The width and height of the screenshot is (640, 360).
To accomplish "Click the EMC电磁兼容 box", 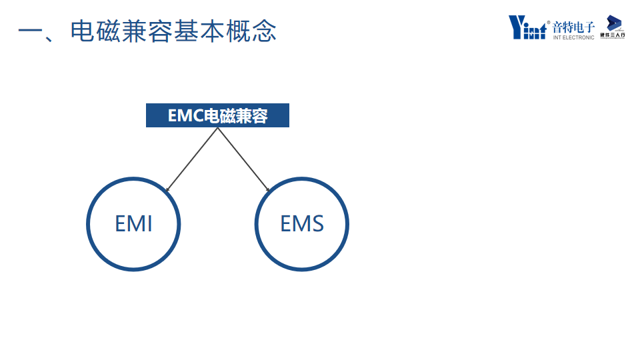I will [217, 115].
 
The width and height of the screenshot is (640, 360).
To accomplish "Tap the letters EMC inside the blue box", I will [185, 116].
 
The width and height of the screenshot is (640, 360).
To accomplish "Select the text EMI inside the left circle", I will [133, 223].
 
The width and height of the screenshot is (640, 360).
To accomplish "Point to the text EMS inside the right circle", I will [302, 223].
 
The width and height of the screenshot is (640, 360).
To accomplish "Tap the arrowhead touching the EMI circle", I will [167, 189].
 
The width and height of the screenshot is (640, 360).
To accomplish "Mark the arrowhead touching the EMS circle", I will [268, 189].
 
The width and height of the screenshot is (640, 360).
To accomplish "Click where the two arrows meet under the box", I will [217, 128].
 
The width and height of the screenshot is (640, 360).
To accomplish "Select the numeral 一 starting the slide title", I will [30, 32].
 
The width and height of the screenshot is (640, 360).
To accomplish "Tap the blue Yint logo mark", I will [527, 27].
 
